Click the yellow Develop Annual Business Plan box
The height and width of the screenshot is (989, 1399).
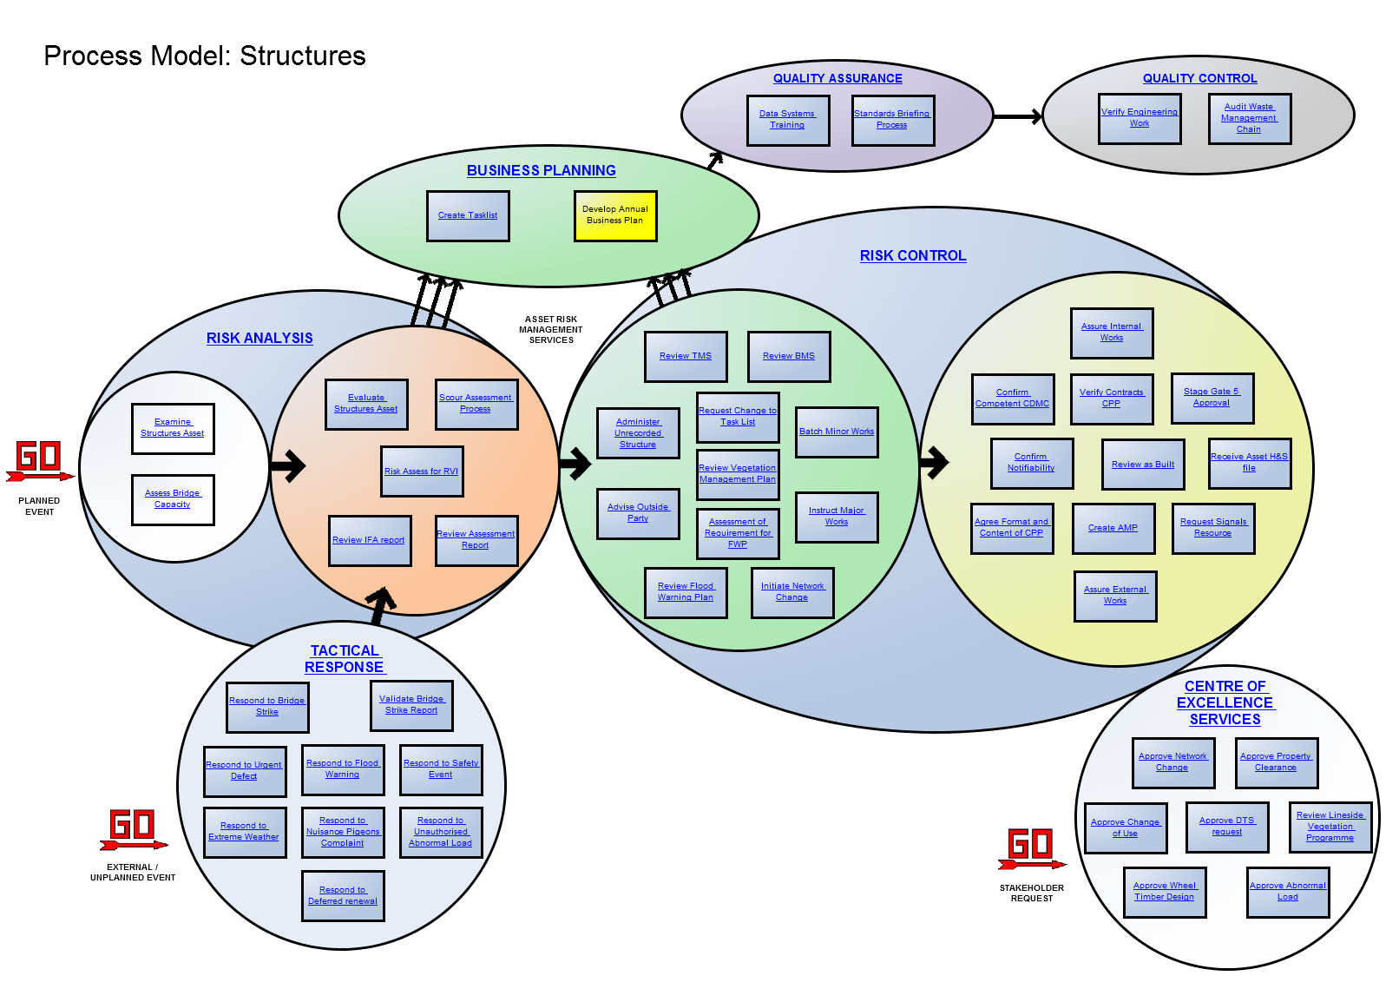[x=615, y=215]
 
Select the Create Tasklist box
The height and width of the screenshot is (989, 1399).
[x=468, y=215]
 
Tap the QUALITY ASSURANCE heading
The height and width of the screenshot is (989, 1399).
[x=837, y=78]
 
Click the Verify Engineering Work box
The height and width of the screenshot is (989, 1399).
[x=1140, y=118]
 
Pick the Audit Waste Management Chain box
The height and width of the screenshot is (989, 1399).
[x=1250, y=118]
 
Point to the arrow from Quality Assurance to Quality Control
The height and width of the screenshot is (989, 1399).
[x=1017, y=116]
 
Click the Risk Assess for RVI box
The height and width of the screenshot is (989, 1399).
[x=422, y=471]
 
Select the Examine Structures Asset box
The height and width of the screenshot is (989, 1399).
[x=173, y=428]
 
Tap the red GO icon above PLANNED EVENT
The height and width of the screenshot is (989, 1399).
[x=39, y=460]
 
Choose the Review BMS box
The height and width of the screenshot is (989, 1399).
[x=789, y=356]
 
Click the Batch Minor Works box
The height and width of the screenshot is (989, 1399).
[x=837, y=432]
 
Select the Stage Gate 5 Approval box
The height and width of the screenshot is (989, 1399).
[x=1212, y=398]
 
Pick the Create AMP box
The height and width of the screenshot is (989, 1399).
[x=1113, y=528]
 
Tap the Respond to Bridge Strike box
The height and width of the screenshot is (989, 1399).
[x=267, y=707]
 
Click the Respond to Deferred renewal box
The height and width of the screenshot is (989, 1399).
[x=343, y=896]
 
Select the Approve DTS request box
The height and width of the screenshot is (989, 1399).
[x=1227, y=827]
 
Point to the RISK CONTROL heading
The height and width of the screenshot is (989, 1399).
[x=913, y=256]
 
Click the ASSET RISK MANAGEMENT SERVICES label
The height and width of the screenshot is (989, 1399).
[x=551, y=330]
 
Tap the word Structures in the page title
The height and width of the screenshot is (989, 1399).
[x=303, y=56]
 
